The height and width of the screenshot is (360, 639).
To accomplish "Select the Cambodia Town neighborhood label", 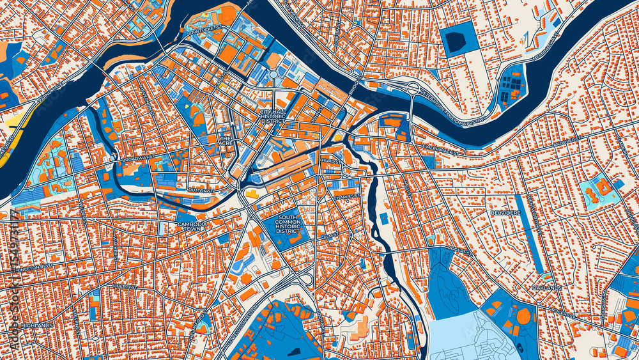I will click(x=192, y=228).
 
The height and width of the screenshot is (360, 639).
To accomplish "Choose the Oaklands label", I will click(x=546, y=288).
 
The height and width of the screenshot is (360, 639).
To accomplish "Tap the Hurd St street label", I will click(x=330, y=162).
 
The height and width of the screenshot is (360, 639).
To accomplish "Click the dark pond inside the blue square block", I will click(x=455, y=42).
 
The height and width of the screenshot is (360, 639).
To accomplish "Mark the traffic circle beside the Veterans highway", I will click(x=413, y=88).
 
